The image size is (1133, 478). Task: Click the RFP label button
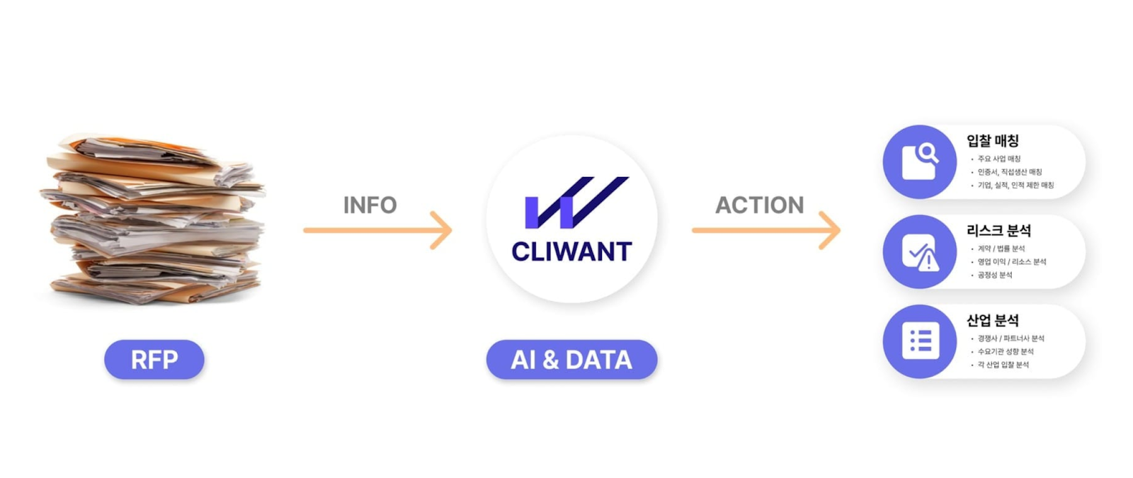tap(154, 360)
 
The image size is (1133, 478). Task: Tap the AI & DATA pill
tap(571, 360)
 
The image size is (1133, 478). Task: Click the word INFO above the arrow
tap(370, 205)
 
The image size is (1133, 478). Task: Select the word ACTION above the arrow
tap(759, 205)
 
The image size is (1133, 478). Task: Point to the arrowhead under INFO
tap(443, 230)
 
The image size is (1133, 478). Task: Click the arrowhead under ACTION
tap(831, 230)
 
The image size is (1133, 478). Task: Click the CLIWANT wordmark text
tap(571, 251)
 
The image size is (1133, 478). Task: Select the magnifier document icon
tap(920, 161)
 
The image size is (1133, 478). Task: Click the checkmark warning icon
tap(920, 251)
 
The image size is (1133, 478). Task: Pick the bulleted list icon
tap(920, 341)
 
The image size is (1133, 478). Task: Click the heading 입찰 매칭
tap(993, 141)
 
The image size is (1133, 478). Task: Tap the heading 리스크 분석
tap(998, 231)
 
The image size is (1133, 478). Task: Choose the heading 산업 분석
tap(993, 321)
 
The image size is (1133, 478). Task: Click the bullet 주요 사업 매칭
tap(999, 159)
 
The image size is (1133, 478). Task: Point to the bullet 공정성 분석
tap(995, 275)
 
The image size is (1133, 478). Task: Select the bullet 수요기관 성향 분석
tap(1006, 351)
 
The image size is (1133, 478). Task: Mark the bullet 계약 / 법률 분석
tap(1001, 249)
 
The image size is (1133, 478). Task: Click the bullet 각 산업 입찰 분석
tap(1003, 365)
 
